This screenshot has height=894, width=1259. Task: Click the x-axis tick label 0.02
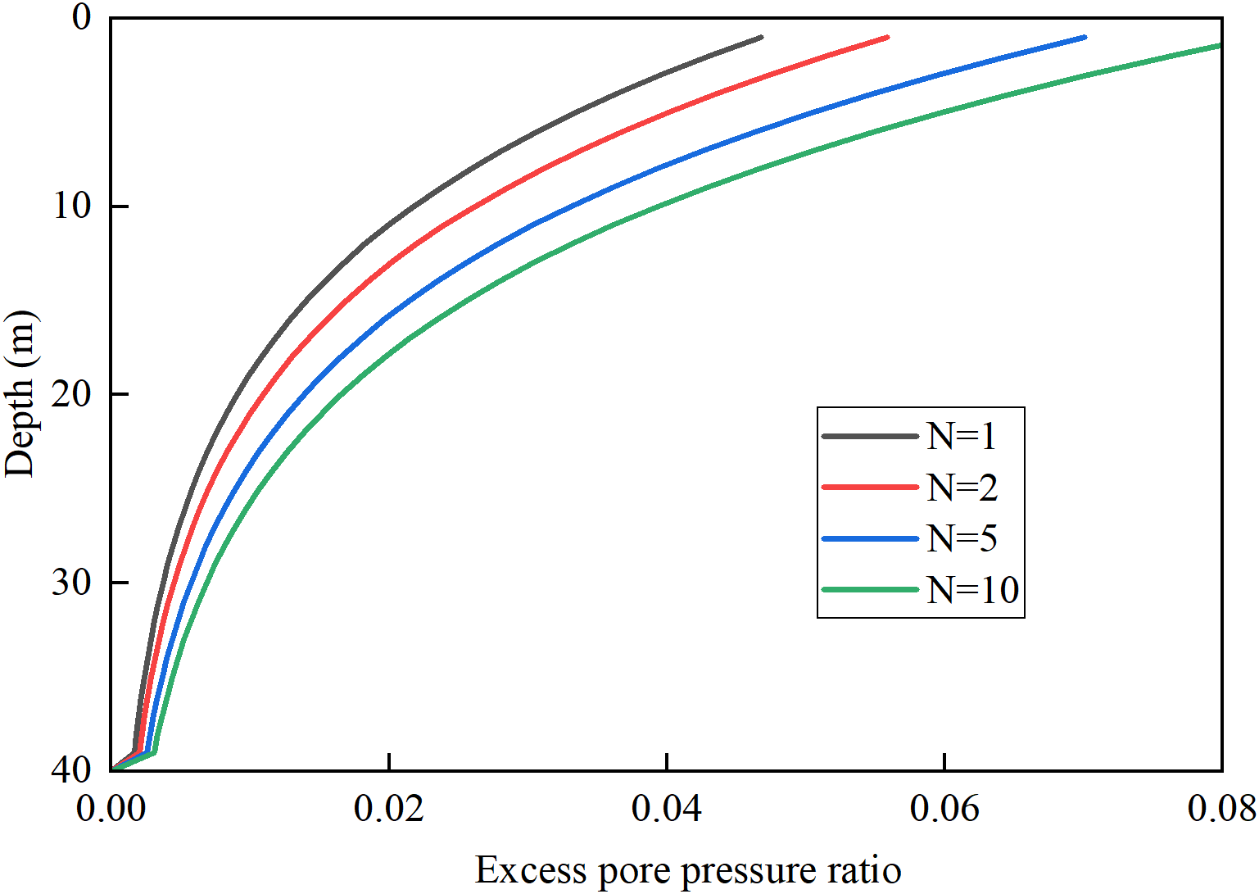(389, 810)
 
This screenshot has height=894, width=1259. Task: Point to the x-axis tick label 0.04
(667, 810)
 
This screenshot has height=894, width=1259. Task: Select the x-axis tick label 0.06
(944, 810)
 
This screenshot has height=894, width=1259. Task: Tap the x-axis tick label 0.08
(1221, 810)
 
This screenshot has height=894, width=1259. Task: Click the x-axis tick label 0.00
(111, 810)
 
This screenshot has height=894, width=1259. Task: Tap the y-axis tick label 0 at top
(82, 17)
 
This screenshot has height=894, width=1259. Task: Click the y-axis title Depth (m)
(20, 394)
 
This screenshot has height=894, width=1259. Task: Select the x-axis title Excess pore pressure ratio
(688, 870)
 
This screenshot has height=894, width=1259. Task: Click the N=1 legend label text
(962, 437)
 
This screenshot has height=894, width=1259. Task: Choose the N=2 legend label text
(962, 488)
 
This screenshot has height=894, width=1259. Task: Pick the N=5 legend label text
(962, 538)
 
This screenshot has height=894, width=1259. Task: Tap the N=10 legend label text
(972, 589)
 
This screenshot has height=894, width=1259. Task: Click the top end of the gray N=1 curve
(761, 37)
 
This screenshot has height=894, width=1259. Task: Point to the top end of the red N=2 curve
(887, 37)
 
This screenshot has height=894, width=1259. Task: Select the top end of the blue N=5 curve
(1085, 37)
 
